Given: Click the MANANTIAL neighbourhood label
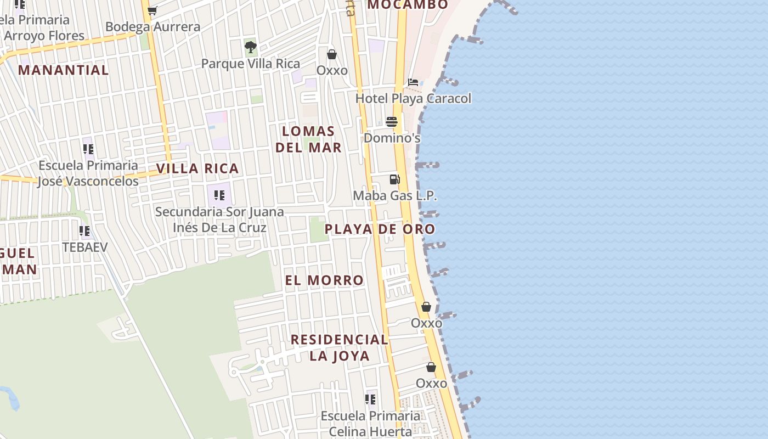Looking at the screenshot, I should pyautogui.click(x=64, y=70).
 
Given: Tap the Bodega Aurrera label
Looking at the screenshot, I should pyautogui.click(x=153, y=27).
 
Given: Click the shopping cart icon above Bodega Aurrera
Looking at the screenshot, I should pyautogui.click(x=153, y=10).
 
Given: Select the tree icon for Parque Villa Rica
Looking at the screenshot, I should pyautogui.click(x=251, y=47).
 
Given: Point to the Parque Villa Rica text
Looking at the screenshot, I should pyautogui.click(x=251, y=64).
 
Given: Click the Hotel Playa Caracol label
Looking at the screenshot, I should pyautogui.click(x=413, y=99).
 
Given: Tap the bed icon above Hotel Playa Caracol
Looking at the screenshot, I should pyautogui.click(x=413, y=82).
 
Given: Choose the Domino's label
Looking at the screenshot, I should pyautogui.click(x=392, y=138).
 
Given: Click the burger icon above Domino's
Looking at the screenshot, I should pyautogui.click(x=392, y=121).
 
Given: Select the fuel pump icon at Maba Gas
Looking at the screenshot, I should pyautogui.click(x=394, y=179).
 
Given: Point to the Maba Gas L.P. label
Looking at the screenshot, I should pyautogui.click(x=394, y=195).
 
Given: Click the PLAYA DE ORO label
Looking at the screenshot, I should pyautogui.click(x=380, y=229).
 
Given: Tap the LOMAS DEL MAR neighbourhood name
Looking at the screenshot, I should pyautogui.click(x=308, y=139).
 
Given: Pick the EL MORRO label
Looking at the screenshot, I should pyautogui.click(x=324, y=280).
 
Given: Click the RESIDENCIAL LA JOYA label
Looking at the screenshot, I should pyautogui.click(x=340, y=347).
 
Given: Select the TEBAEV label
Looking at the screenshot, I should pyautogui.click(x=84, y=247).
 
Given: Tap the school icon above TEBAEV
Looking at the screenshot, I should pyautogui.click(x=84, y=231).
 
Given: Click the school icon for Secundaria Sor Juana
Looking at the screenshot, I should pyautogui.click(x=219, y=195).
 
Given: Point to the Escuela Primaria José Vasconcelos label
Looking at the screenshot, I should pyautogui.click(x=88, y=173).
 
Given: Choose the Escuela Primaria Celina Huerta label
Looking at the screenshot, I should pyautogui.click(x=370, y=424).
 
